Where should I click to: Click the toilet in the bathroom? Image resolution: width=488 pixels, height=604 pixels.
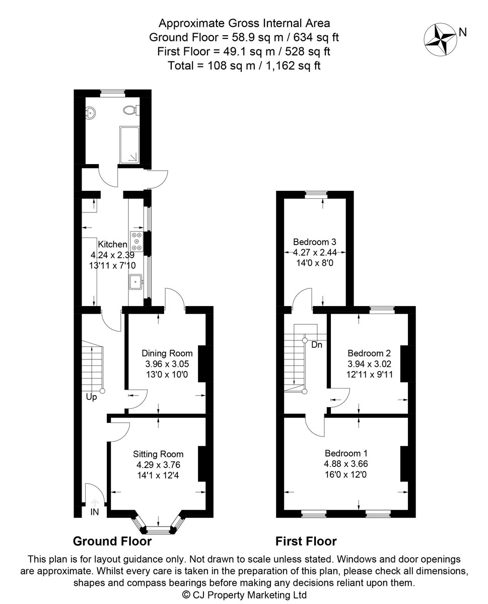coord(131,110)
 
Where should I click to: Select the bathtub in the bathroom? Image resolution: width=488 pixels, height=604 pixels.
coord(129,145)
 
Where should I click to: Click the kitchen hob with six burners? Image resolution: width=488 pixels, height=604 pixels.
coord(137,241)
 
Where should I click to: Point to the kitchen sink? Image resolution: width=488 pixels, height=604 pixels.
coord(136,282)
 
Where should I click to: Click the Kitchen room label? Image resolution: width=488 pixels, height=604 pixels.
coord(112,244)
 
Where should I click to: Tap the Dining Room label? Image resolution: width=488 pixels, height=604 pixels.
coord(167,353)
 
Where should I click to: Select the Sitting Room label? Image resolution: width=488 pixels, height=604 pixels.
coord(158,454)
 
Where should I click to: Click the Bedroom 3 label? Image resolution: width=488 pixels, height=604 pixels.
coord(315,242)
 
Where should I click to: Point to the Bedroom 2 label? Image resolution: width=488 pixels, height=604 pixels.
coord(369,353)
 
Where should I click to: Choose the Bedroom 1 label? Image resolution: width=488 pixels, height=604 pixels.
coord(346,453)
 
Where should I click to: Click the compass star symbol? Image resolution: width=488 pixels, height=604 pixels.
coord(440,39)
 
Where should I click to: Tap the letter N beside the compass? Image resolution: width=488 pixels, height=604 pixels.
coord(463,32)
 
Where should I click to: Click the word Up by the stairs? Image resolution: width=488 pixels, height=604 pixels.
coord(91,397)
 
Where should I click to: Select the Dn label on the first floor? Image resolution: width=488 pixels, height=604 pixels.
coord(317,345)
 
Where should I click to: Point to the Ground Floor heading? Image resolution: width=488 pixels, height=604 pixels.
coord(112,541)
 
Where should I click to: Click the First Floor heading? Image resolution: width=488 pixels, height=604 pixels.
coord(306,541)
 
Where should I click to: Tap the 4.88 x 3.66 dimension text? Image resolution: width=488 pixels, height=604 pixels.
coord(346,464)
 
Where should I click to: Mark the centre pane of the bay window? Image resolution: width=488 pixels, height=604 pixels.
coord(158,529)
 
